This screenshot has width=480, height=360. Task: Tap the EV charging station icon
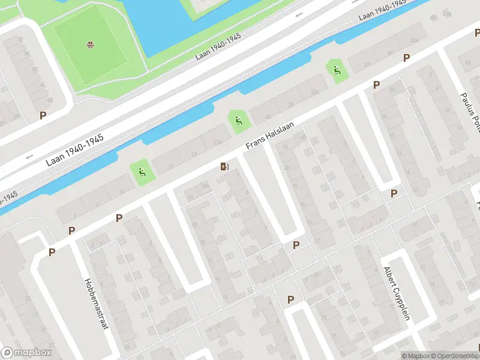224,166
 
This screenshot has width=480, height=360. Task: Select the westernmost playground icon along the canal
143,173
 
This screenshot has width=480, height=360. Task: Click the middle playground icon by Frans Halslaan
239,122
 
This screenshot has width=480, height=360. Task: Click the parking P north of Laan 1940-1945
43,115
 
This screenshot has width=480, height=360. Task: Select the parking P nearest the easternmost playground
376,85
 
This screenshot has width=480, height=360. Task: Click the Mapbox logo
26,353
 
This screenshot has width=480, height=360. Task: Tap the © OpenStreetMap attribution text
455,356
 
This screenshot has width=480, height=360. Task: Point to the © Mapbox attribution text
416,356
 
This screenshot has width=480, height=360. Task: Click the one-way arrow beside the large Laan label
29,157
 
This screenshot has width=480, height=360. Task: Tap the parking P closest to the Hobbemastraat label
52,253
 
